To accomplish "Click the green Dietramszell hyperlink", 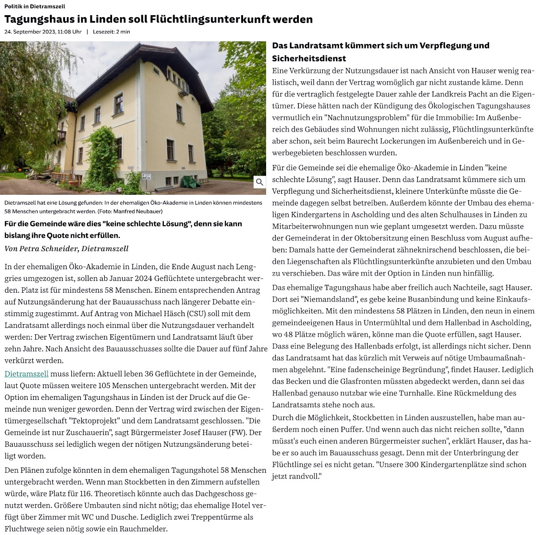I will tap(26, 374).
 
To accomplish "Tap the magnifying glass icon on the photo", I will tap(260, 182).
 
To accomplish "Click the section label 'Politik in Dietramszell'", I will tap(35, 6).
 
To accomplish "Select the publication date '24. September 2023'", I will tap(31, 32).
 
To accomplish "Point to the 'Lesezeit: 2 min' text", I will tap(112, 32).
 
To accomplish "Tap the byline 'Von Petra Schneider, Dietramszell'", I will tap(67, 249).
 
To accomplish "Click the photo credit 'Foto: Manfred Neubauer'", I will tap(130, 211).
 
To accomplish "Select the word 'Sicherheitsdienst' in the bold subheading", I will tap(309, 59).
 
